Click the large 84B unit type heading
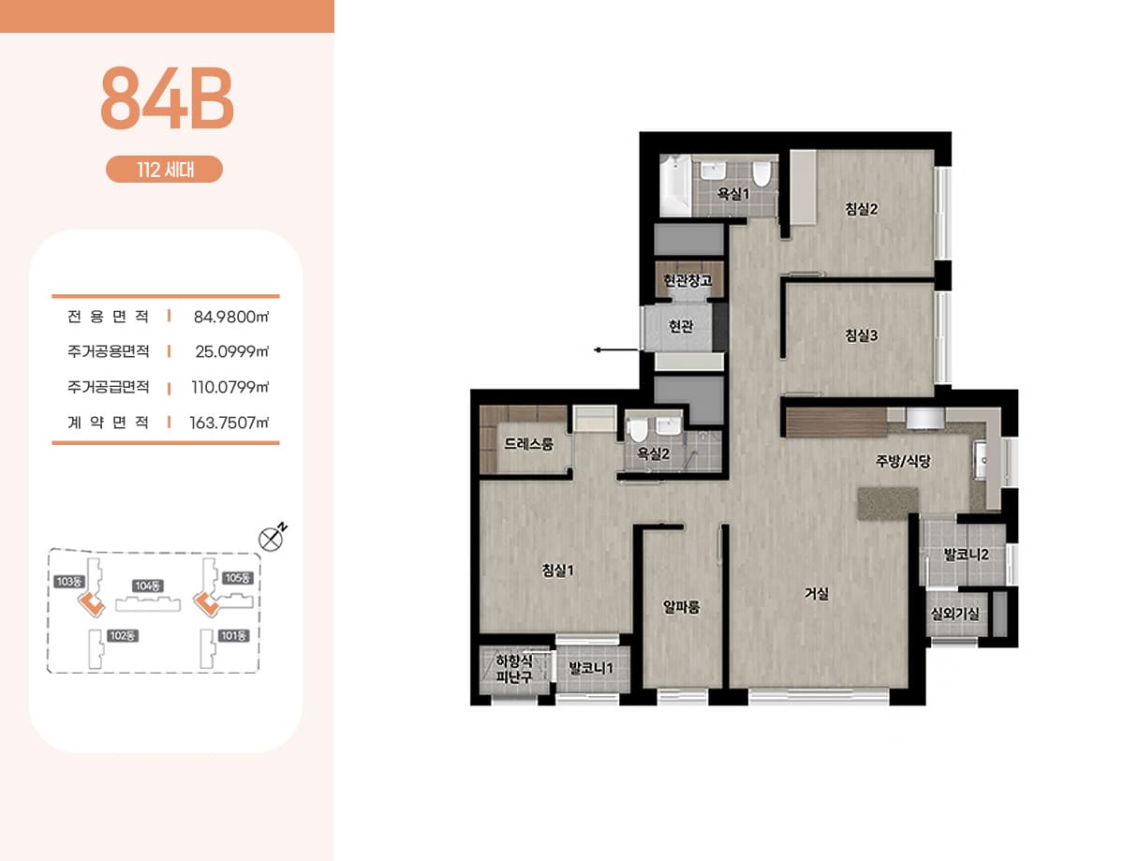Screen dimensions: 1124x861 [x=167, y=97]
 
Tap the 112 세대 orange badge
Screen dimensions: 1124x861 [x=164, y=169]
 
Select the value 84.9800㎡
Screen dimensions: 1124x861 [x=230, y=317]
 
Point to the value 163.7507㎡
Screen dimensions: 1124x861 [x=229, y=423]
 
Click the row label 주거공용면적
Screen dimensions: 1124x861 [x=108, y=351]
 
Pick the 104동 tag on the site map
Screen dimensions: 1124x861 [x=148, y=586]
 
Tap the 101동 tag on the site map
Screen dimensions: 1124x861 [x=233, y=635]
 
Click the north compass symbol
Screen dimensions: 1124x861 [x=271, y=539]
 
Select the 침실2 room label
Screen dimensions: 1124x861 [x=861, y=209]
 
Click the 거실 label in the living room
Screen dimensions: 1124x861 [x=816, y=593]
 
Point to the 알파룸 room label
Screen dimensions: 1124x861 [x=681, y=606]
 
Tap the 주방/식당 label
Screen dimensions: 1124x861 [x=903, y=461]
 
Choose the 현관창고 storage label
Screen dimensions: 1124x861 [x=688, y=280]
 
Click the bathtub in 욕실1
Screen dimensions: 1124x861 [x=675, y=186]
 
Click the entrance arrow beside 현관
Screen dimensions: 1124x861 [x=616, y=350]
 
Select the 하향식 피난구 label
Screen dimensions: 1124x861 [x=513, y=669]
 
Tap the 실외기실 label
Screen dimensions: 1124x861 [x=954, y=614]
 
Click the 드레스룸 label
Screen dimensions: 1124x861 [x=528, y=444]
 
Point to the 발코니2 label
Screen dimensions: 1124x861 [x=966, y=555]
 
